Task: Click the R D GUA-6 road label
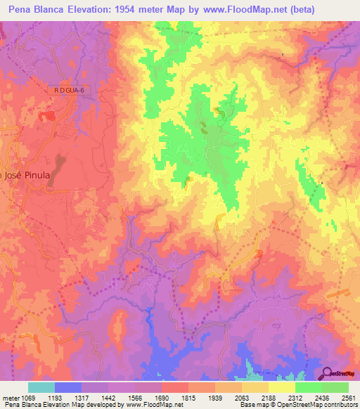[72, 90]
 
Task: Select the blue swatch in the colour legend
[67, 387]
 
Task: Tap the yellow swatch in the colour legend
[281, 387]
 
